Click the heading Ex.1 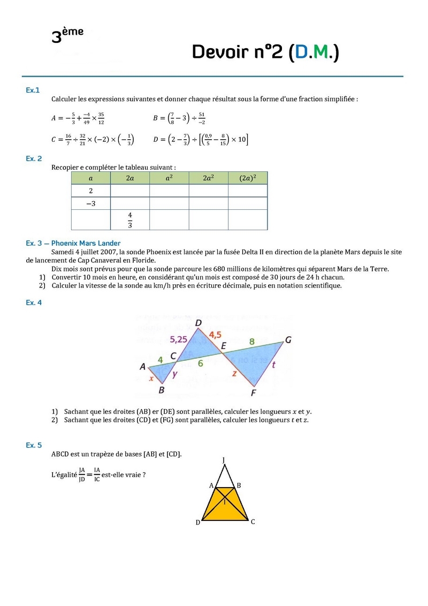[x=33, y=90]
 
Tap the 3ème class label [x=67, y=35]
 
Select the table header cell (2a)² [x=247, y=178]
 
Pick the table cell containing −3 [x=90, y=203]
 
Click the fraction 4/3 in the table [x=129, y=219]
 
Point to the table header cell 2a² [x=208, y=178]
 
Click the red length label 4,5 [x=215, y=335]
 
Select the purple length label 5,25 [x=179, y=339]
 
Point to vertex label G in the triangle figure [x=288, y=339]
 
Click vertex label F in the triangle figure [x=254, y=393]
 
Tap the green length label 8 [x=251, y=341]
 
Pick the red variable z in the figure [x=234, y=374]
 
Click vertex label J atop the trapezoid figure [x=223, y=460]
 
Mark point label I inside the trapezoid [x=225, y=502]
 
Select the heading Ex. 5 [x=33, y=445]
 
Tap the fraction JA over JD [x=82, y=475]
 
